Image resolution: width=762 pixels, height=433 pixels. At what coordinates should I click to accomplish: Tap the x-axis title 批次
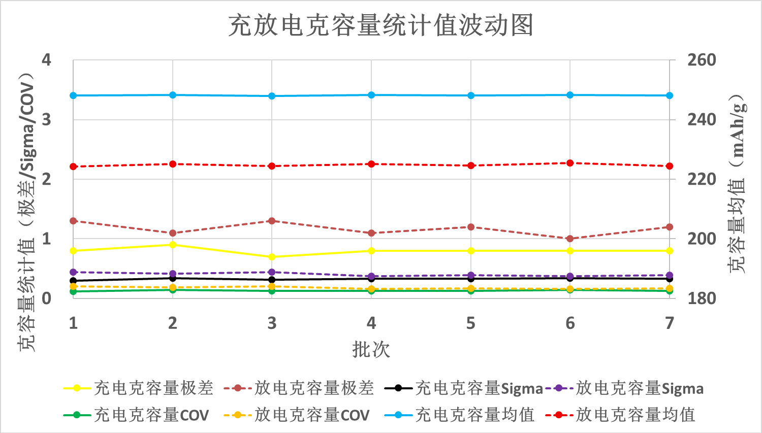pos(371,349)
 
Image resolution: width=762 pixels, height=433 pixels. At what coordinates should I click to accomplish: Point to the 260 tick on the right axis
pos(702,60)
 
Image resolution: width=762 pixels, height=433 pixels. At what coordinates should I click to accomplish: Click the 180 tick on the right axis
pos(702,298)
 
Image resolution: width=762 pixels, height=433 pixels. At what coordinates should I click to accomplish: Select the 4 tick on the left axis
pos(46,60)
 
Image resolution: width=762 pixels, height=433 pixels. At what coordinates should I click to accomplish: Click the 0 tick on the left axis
pos(46,298)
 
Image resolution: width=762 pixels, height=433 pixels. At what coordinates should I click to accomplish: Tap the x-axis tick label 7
pos(670,323)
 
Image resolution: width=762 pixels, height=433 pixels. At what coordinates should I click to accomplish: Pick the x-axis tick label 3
pos(272,323)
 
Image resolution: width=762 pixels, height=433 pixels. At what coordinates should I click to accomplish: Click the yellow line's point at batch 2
pos(173,245)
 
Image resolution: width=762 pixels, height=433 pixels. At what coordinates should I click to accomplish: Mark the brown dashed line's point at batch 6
pos(570,239)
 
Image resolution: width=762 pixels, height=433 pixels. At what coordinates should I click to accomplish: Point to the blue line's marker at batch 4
pos(371,95)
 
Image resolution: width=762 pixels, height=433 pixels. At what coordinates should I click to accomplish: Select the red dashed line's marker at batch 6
pos(570,163)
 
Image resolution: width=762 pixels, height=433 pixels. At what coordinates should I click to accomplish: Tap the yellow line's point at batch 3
pos(272,257)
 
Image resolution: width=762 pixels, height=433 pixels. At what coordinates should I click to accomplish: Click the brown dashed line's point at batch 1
pos(73,221)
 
